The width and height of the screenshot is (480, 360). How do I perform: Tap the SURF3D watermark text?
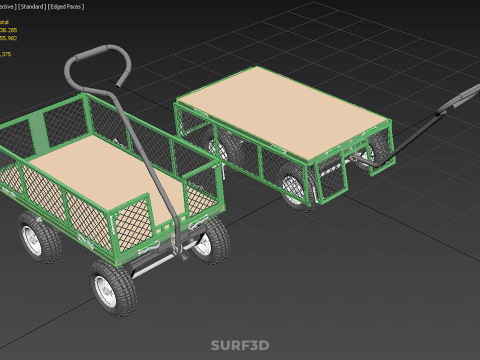240,346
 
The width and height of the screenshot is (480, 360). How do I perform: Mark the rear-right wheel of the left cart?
211,240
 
